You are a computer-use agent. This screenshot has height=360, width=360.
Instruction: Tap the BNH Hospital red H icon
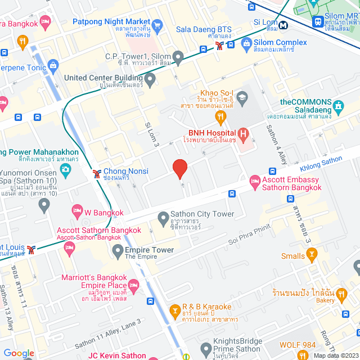coord(243,134)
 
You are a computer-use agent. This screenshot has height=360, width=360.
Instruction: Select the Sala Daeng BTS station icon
coord(219,48)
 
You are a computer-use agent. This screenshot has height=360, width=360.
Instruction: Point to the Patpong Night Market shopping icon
coord(157,25)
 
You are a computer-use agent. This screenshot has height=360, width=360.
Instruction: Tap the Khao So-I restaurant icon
coord(220,116)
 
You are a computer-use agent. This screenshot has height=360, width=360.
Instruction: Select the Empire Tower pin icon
coord(118,250)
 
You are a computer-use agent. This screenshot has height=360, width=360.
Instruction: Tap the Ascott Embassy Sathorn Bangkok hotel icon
coord(254,179)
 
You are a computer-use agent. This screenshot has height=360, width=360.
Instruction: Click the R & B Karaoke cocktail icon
coord(175,310)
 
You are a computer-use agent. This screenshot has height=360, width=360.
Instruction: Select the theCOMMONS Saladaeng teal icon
coord(338,106)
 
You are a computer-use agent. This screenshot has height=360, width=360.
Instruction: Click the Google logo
coord(19,353)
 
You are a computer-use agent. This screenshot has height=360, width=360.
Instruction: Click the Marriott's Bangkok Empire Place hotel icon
coord(133,285)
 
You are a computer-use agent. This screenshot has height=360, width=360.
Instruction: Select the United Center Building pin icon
coord(150,80)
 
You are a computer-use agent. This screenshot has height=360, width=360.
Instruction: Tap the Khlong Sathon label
coord(321,164)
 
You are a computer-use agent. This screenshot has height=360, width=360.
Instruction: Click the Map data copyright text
coord(335,355)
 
